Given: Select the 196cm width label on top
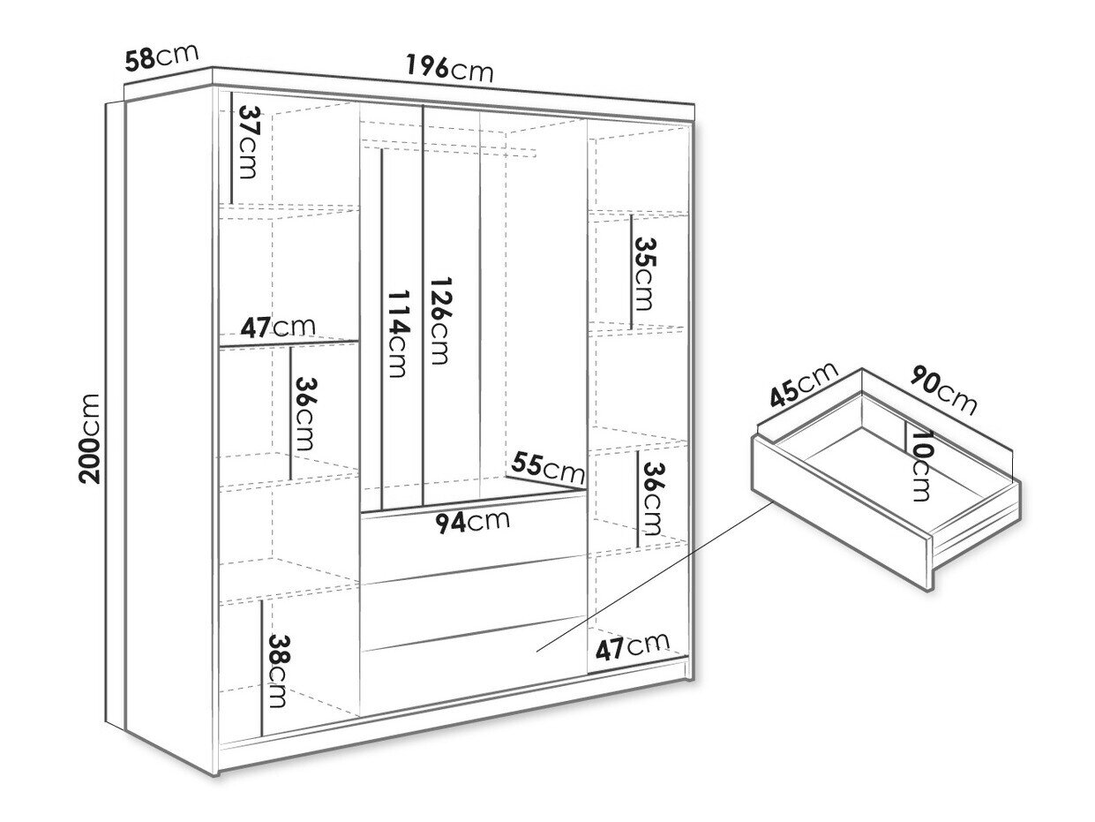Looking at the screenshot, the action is click(x=449, y=69).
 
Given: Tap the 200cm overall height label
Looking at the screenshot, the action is click(x=90, y=439).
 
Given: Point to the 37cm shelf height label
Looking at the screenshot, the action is click(x=248, y=142).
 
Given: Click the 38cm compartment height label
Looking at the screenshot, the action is click(x=277, y=670).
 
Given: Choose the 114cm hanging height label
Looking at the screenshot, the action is click(x=398, y=334).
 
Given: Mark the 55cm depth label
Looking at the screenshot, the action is click(x=547, y=468).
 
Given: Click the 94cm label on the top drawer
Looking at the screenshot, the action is click(x=472, y=522).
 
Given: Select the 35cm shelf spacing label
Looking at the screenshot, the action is click(x=644, y=274).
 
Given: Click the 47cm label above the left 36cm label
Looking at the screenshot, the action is click(x=278, y=328).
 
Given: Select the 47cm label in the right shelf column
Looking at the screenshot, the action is click(x=632, y=647).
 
